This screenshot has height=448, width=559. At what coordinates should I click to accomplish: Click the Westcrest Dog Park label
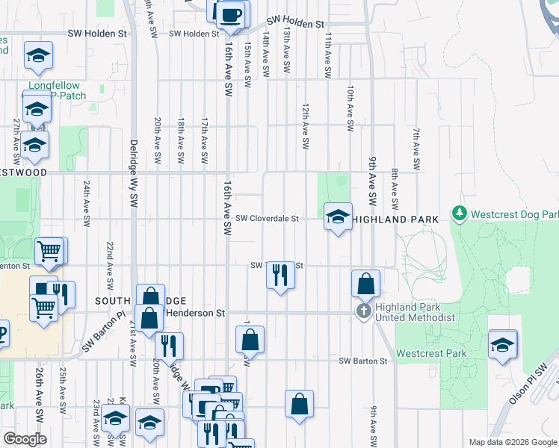(510, 214)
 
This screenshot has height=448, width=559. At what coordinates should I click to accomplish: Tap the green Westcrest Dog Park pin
(459, 214)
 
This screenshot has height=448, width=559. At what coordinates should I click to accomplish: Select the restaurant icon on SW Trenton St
(280, 275)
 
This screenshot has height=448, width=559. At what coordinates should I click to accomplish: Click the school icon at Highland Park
(338, 217)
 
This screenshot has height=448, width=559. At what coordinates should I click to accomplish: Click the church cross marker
(364, 311)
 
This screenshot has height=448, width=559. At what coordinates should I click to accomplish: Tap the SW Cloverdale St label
(267, 219)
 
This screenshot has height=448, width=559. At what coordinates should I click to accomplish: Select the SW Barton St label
(363, 361)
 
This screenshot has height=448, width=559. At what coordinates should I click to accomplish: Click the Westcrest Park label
(432, 353)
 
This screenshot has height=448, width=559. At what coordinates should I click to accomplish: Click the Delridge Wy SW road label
(135, 172)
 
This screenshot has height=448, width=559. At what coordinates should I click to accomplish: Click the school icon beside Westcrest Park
(502, 345)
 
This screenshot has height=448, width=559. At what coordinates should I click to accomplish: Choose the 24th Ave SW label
(87, 203)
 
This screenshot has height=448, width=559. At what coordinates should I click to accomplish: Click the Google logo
(25, 439)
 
